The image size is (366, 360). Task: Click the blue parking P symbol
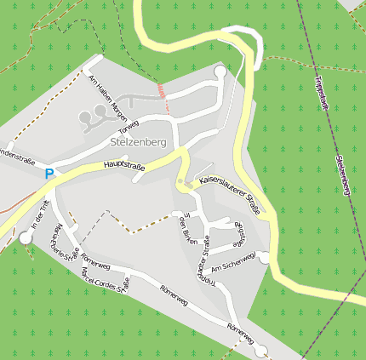(x=49, y=173)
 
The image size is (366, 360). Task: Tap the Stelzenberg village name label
(x=138, y=142)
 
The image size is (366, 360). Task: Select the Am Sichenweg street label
(x=233, y=263)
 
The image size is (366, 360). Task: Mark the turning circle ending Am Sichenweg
(x=265, y=257)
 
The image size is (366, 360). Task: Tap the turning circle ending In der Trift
(x=24, y=238)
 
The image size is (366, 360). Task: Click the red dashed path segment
(x=163, y=97)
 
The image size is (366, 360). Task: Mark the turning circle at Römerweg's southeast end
(x=260, y=349)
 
